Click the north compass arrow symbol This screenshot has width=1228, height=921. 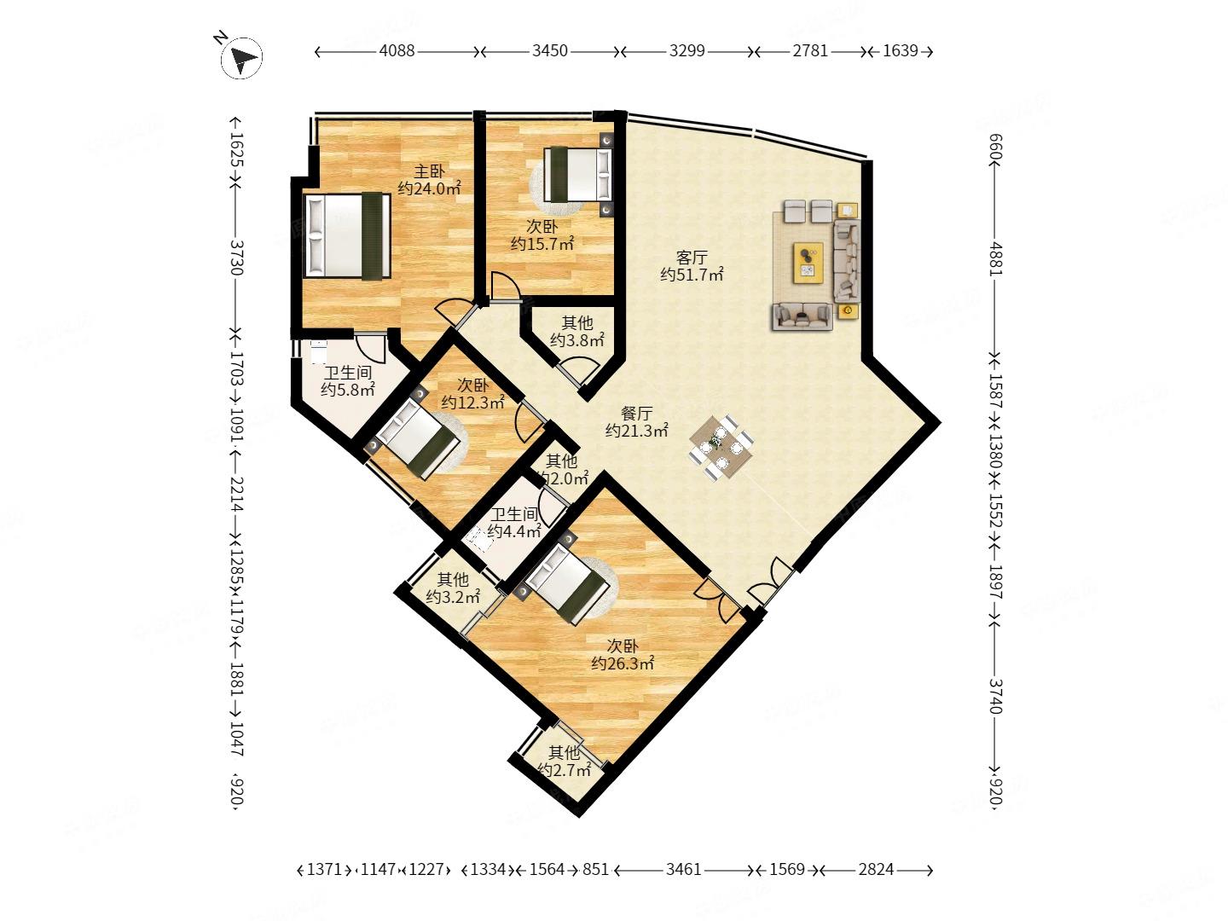241,58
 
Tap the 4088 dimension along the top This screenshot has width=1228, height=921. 397,51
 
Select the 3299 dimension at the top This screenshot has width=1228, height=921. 686,51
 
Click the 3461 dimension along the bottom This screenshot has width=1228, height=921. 683,869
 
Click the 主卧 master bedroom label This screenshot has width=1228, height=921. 429,171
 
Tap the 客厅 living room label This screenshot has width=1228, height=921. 692,258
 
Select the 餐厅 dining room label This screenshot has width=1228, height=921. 636,414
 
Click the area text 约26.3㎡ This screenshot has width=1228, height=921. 623,663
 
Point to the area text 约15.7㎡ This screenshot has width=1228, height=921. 542,244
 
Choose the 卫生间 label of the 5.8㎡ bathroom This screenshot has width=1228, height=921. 347,372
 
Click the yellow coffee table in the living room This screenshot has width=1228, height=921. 808,263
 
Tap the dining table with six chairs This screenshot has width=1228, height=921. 721,448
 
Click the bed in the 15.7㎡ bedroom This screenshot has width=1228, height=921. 578,174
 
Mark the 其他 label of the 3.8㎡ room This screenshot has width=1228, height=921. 576,322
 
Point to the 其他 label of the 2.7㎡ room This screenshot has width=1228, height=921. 564,752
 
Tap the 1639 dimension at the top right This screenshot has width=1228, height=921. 901,51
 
